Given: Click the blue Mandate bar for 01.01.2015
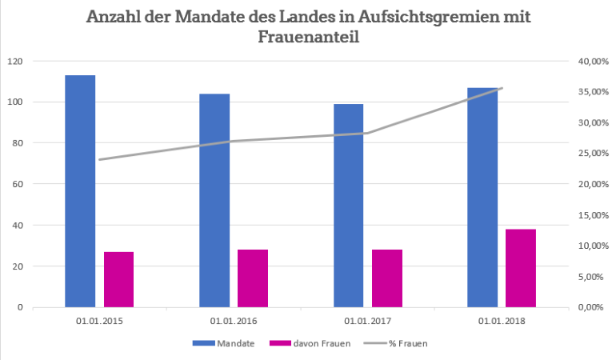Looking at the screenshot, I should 80,191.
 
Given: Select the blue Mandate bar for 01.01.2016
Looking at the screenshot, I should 214,200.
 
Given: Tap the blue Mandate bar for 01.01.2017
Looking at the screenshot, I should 348,206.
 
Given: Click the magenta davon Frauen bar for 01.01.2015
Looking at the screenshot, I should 118,279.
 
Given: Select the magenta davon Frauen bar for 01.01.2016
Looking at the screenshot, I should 253,278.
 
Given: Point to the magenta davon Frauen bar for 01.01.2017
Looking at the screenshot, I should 387,278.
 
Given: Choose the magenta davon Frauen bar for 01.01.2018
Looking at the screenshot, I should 521,268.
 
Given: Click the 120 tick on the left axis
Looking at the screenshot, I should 15,62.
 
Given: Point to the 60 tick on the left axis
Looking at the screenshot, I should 18,184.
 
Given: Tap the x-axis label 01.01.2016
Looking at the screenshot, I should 234,321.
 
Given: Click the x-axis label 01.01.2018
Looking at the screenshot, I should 502,321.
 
